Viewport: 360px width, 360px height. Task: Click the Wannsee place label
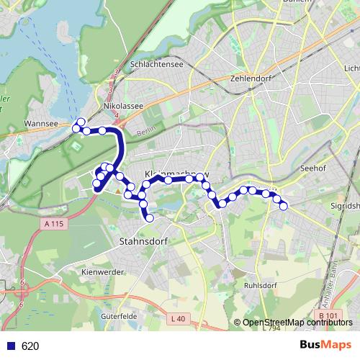point(41,123)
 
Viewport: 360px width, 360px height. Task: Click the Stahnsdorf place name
point(140,242)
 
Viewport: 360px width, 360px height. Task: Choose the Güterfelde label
point(120,315)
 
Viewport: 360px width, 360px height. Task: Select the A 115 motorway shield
point(54,225)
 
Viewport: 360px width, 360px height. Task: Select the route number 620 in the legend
point(30,346)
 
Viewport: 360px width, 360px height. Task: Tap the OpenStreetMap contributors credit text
point(297,323)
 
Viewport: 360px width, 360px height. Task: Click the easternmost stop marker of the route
point(284,206)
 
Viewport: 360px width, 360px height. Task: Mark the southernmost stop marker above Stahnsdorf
point(150,218)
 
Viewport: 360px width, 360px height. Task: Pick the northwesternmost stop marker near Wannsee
point(81,122)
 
